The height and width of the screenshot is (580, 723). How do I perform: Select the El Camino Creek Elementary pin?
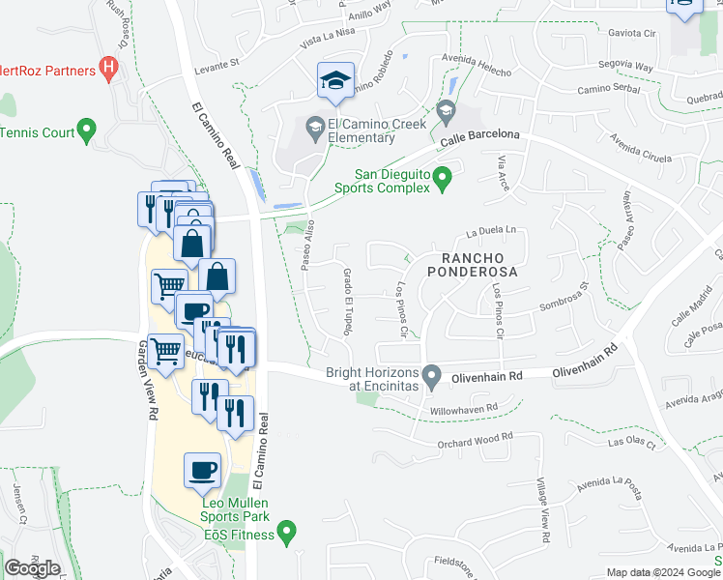click(x=315, y=126)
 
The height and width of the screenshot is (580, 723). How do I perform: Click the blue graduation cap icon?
click(x=335, y=81)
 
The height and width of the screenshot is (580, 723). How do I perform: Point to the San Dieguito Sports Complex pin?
click(x=443, y=177)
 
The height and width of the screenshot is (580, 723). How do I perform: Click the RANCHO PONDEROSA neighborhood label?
click(x=479, y=265)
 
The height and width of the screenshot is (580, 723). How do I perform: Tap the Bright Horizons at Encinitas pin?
click(x=434, y=374)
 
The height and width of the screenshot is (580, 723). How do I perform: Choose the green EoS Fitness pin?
click(x=286, y=531)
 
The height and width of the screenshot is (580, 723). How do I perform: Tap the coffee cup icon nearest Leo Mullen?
click(x=202, y=471)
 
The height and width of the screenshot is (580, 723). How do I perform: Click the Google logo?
click(x=32, y=568)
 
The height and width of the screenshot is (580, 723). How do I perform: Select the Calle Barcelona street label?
click(x=479, y=138)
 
